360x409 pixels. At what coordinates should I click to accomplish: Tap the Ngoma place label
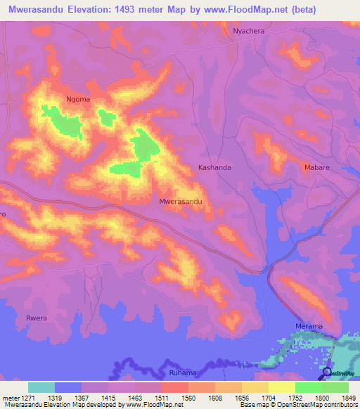pos(78,99)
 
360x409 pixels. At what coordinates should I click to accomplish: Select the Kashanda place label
pos(214,168)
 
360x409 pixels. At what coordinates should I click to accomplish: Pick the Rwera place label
pos(37,318)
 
